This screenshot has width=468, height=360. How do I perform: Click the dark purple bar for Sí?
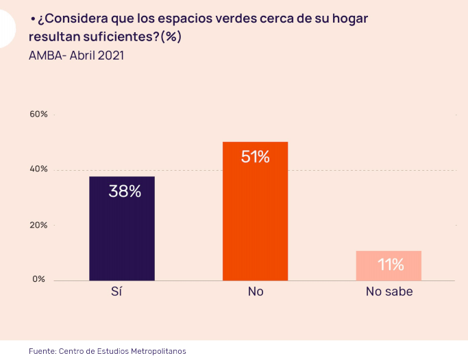[122, 228]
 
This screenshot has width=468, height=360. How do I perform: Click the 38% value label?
[125, 191]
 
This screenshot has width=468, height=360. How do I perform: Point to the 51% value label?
[255, 156]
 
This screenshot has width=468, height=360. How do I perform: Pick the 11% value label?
[391, 265]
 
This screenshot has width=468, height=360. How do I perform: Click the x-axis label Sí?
[116, 291]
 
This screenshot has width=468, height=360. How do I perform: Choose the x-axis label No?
[255, 291]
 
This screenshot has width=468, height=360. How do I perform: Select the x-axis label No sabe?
[389, 291]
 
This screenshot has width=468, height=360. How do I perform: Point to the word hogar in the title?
[350, 19]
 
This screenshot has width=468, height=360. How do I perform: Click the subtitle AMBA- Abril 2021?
[76, 56]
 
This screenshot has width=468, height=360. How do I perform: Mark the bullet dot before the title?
[32, 19]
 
